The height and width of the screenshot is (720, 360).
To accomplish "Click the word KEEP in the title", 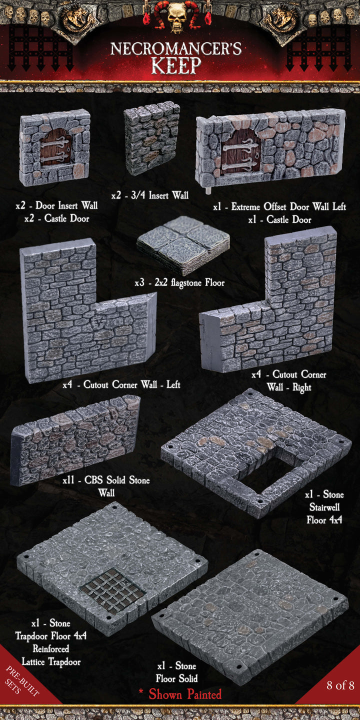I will [176, 65].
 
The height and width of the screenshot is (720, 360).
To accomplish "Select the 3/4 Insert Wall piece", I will [151, 138].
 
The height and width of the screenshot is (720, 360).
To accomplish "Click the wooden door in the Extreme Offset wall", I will [241, 149].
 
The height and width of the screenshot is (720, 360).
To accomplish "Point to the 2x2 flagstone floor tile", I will [183, 244].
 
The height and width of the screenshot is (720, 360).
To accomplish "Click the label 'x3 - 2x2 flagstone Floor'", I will [179, 283].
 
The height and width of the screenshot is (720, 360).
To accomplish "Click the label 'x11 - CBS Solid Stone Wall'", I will [106, 486].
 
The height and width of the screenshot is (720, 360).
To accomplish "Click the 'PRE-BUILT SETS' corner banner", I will [22, 682].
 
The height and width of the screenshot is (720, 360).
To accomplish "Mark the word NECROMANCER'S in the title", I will [176, 49].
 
